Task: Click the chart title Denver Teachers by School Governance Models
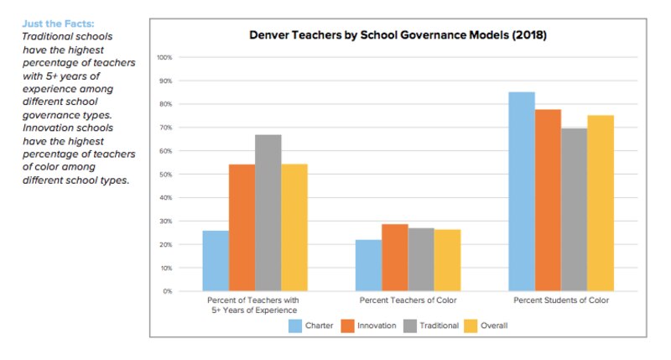point(398,36)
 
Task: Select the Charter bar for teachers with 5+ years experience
point(216,260)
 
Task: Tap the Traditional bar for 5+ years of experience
point(268,212)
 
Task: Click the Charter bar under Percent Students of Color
point(522,191)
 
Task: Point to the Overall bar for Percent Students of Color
point(601,203)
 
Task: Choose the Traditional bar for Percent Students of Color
point(574,209)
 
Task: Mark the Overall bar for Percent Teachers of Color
point(447,260)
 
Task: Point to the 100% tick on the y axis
point(164,57)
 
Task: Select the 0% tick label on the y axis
point(167,291)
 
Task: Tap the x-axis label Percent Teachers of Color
point(408,300)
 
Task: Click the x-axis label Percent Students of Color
point(561,300)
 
